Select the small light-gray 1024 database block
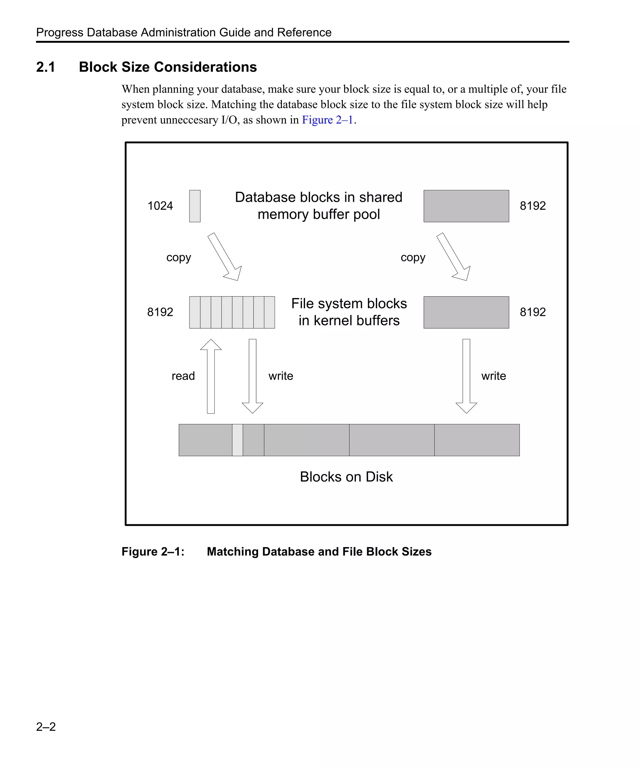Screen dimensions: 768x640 (195, 206)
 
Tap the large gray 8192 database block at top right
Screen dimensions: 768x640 (466, 206)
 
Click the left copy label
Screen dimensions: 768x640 (178, 257)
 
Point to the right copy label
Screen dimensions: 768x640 (413, 257)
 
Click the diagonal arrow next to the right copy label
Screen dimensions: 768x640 (453, 257)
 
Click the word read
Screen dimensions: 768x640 (183, 376)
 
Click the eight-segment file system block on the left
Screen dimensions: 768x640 (232, 312)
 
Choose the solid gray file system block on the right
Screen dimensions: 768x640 (466, 312)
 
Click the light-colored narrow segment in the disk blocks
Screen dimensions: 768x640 (237, 440)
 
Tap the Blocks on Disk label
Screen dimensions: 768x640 (346, 477)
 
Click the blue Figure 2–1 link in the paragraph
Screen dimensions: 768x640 (327, 120)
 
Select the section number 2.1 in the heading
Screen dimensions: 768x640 (46, 67)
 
